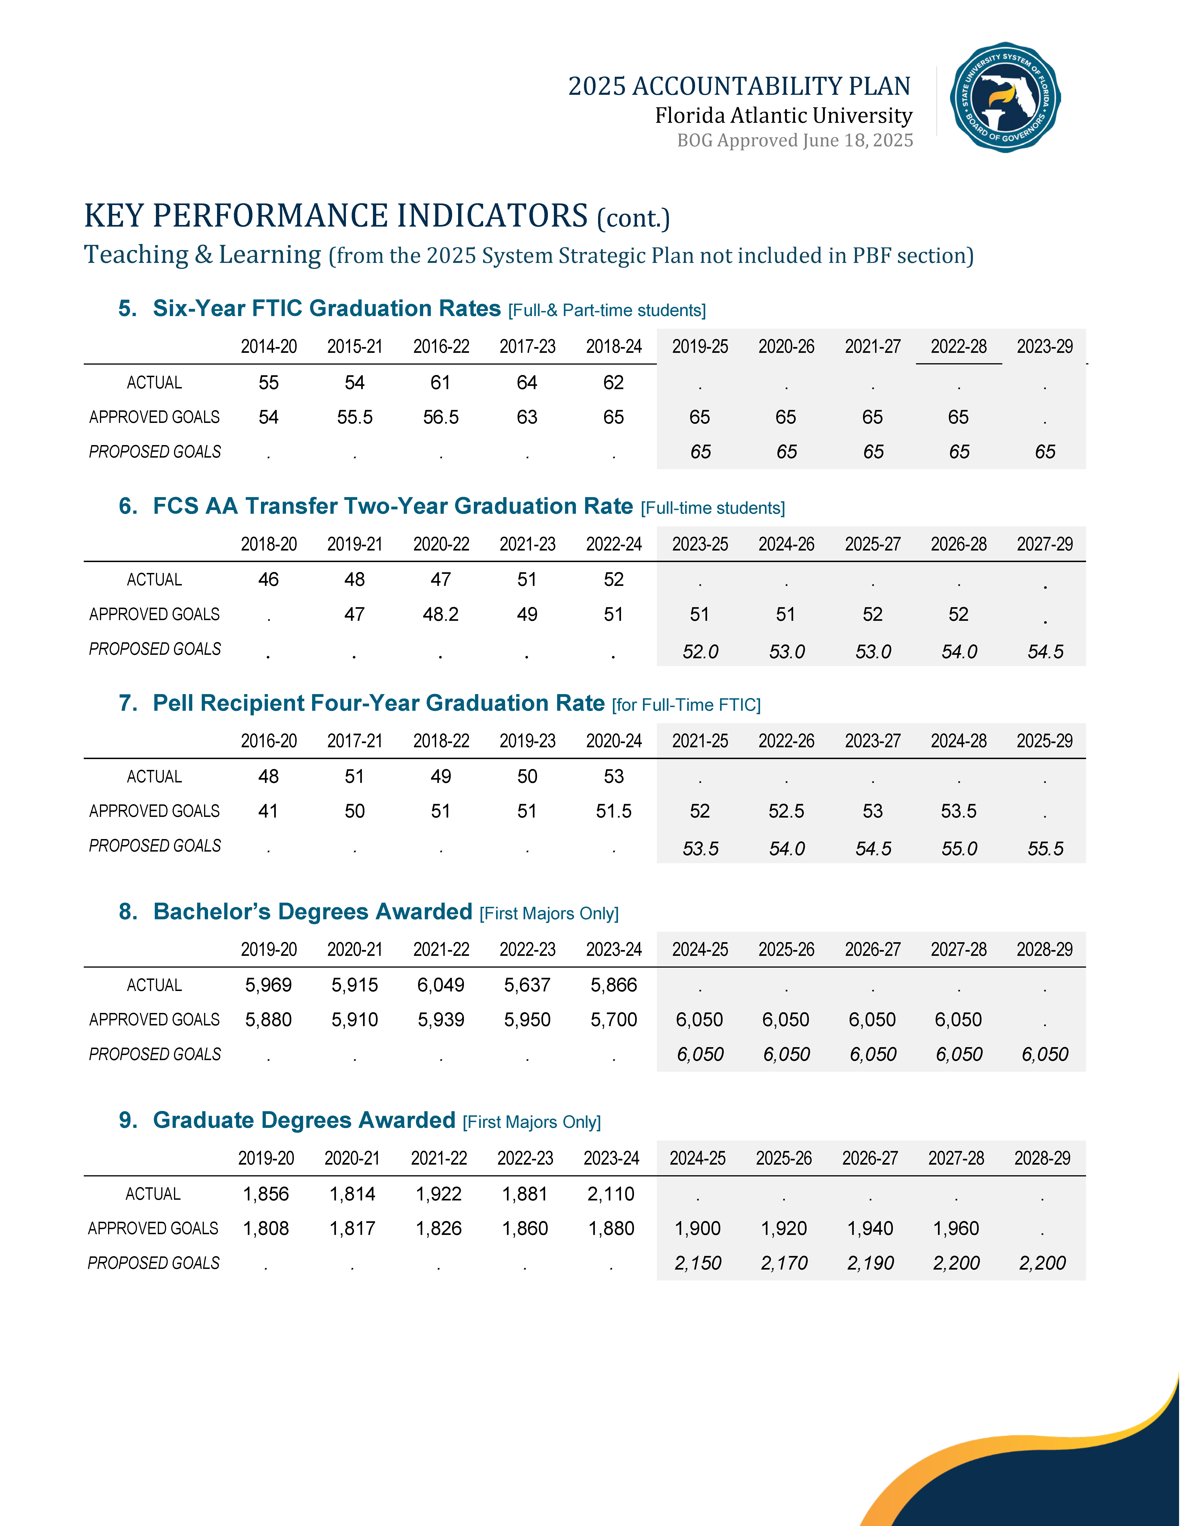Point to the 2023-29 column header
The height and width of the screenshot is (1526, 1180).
pyautogui.click(x=1044, y=347)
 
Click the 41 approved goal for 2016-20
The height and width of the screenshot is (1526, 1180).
pyautogui.click(x=268, y=811)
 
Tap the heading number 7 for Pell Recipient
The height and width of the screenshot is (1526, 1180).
pyautogui.click(x=127, y=703)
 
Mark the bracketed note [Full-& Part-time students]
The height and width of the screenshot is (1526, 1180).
pyautogui.click(x=607, y=310)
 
